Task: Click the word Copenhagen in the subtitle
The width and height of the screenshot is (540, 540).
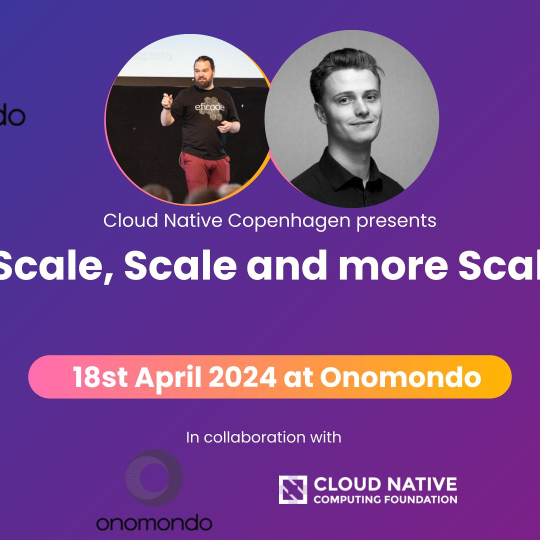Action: [x=289, y=221]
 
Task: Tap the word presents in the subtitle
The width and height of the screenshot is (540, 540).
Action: [x=396, y=221]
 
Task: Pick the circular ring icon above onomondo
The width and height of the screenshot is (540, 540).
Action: [x=154, y=478]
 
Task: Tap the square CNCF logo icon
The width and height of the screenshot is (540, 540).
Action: [x=293, y=490]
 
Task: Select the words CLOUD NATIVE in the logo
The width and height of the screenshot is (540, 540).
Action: [x=385, y=484]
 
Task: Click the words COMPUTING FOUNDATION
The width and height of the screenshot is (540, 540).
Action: [x=385, y=499]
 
